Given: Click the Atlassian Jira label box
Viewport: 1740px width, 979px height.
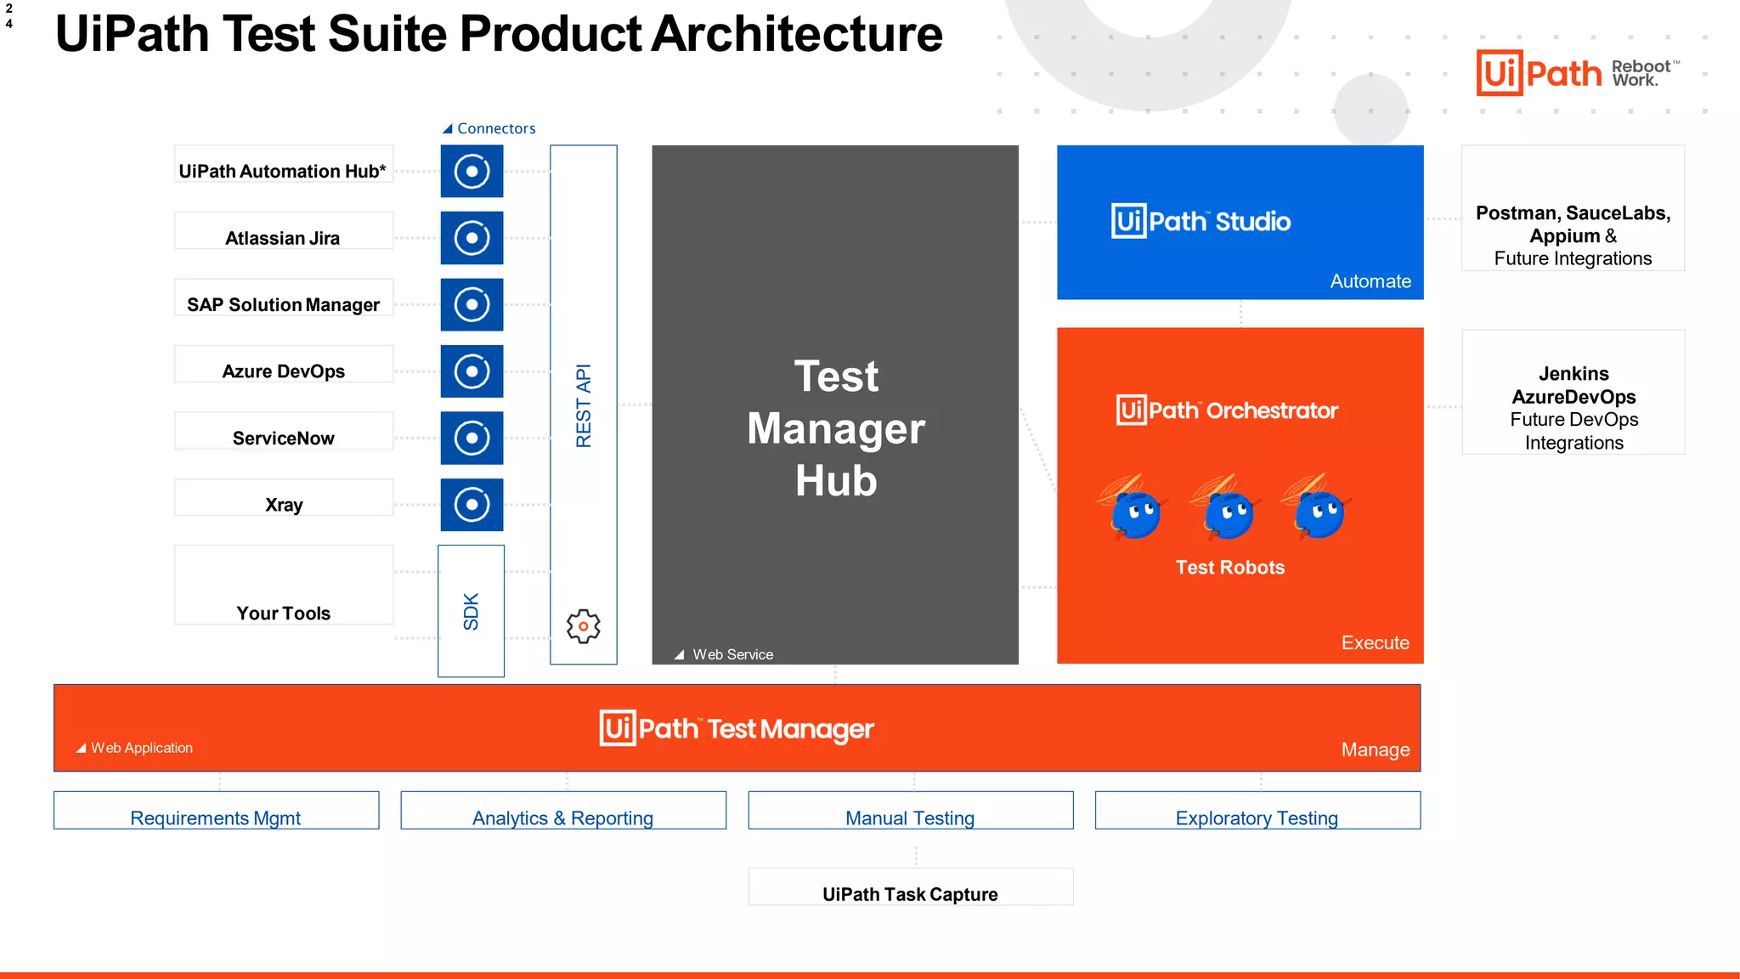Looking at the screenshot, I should (283, 231).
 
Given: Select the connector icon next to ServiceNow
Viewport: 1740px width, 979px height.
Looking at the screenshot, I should (472, 438).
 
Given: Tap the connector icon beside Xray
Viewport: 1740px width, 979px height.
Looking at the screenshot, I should (472, 505).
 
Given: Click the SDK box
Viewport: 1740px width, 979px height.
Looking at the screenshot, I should (471, 611).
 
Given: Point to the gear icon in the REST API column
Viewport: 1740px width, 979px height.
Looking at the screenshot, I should (583, 626).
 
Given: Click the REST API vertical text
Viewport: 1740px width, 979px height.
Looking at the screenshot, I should (583, 405).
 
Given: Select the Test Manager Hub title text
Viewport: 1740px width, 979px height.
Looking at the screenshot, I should (835, 428).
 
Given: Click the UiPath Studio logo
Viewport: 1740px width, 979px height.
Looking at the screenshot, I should (1200, 221).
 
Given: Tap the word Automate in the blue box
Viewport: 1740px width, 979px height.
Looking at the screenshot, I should (1370, 281).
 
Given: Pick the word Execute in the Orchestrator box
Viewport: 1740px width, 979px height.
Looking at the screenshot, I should (1374, 642).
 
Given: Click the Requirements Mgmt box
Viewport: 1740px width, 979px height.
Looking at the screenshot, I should (216, 811).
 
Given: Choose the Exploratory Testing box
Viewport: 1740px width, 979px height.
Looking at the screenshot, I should (1257, 811).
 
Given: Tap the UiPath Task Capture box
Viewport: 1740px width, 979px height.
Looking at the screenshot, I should (910, 887).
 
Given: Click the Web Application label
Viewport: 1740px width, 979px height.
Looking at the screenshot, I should (141, 748).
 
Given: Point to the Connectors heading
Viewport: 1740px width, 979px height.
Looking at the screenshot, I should (495, 128).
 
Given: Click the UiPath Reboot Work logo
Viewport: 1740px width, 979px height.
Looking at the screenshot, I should (1576, 73).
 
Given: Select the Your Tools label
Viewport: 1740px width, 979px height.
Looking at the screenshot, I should (283, 613).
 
